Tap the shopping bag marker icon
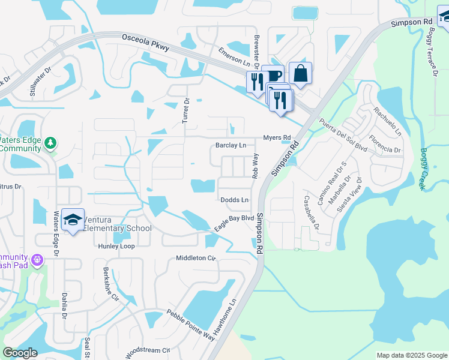(300, 74)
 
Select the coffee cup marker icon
(273, 76)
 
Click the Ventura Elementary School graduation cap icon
(72, 220)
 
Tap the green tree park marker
(51, 142)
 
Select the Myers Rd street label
(277, 137)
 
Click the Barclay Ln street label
(231, 145)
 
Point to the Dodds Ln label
(234, 199)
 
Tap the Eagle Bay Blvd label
(235, 223)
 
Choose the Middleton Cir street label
(195, 258)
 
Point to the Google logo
(20, 353)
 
